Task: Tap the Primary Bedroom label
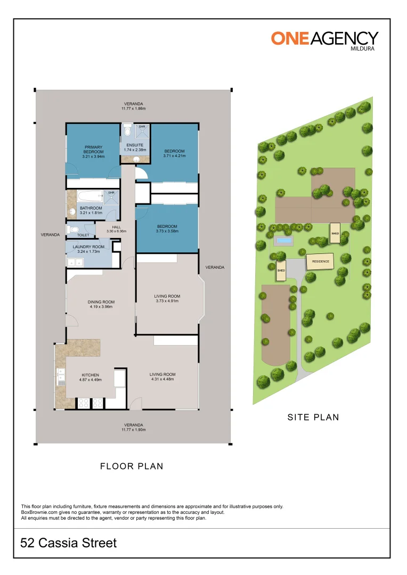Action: pyautogui.click(x=94, y=152)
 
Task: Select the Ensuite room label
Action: pyautogui.click(x=135, y=147)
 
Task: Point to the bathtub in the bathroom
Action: pyautogui.click(x=90, y=196)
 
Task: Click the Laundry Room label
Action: pyautogui.click(x=88, y=249)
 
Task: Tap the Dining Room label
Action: pyautogui.click(x=101, y=305)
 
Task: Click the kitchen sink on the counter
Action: pyautogui.click(x=61, y=377)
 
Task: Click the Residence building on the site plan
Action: pyautogui.click(x=320, y=261)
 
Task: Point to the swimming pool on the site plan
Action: pyautogui.click(x=284, y=241)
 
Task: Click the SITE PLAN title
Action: pyautogui.click(x=313, y=417)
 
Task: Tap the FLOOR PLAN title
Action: pyautogui.click(x=132, y=466)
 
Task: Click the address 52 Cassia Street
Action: pyautogui.click(x=68, y=543)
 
